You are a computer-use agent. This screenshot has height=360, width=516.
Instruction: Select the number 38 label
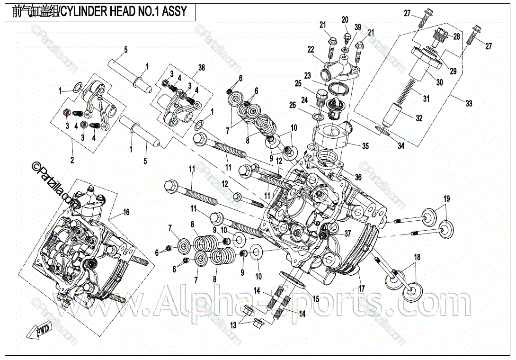(x=202, y=68)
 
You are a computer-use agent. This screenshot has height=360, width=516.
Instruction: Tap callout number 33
(x=469, y=103)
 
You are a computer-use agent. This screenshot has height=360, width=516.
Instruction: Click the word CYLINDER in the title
(x=86, y=11)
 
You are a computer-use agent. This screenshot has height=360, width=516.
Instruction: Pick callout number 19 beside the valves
(x=446, y=198)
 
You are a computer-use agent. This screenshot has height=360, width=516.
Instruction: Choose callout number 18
(x=417, y=257)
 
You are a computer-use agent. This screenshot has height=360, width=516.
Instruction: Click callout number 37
(x=347, y=233)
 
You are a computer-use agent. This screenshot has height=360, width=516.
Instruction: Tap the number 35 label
(x=365, y=146)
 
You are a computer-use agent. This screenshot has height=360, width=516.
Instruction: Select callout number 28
(x=456, y=36)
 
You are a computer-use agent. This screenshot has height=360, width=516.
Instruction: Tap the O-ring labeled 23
(x=337, y=88)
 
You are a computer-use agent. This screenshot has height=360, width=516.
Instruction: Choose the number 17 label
(x=362, y=288)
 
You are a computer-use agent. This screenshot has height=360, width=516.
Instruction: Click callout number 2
(x=72, y=160)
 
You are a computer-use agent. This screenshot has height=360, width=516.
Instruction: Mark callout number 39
(x=358, y=27)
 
